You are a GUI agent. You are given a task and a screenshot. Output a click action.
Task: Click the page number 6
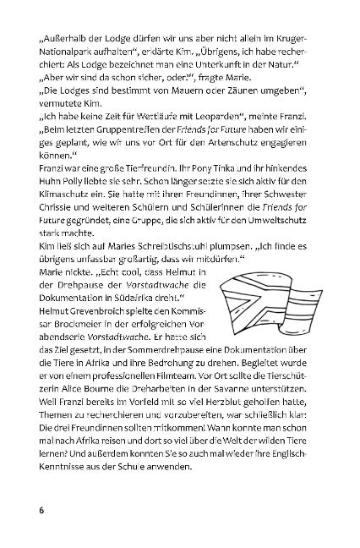pyautogui.click(x=41, y=511)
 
